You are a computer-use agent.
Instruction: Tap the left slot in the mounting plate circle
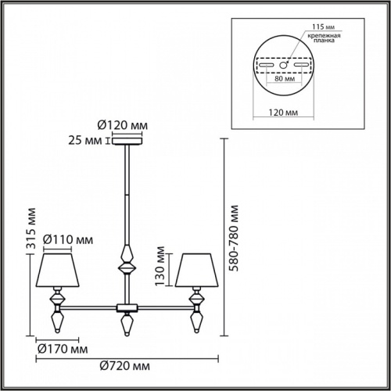(x=267, y=63)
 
